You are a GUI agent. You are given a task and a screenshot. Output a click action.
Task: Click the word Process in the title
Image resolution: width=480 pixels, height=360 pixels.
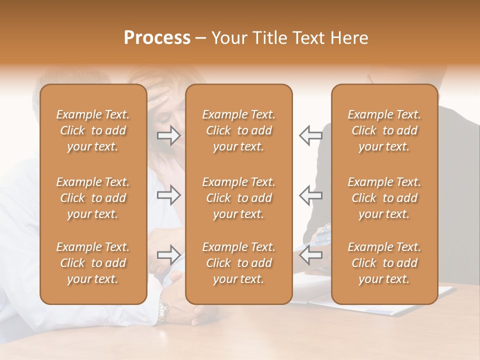[157, 38]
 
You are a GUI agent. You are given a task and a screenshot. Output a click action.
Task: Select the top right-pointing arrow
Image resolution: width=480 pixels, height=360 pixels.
[169, 135]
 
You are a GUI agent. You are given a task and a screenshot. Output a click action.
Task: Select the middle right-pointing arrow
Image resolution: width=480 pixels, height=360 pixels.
[169, 195]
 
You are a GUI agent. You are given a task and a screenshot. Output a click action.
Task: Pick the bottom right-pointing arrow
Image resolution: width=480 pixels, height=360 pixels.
[169, 255]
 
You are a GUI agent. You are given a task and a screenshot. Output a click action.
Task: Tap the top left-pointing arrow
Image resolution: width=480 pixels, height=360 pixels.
[310, 135]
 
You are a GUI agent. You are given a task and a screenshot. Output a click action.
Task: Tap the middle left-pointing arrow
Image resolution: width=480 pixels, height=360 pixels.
[310, 195]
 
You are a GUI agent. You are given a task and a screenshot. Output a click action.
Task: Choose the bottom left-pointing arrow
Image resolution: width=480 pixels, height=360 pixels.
[310, 255]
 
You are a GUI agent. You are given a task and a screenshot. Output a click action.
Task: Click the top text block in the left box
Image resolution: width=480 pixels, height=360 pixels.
[93, 130]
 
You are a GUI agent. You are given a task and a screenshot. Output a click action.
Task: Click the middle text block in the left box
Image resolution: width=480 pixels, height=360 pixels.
[93, 198]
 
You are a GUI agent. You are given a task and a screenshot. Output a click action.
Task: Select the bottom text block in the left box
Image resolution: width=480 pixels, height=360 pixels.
[93, 263]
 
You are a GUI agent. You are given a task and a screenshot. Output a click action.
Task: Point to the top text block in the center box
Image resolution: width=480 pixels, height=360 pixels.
[238, 130]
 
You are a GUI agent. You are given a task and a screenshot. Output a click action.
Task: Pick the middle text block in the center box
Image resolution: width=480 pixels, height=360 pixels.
[238, 198]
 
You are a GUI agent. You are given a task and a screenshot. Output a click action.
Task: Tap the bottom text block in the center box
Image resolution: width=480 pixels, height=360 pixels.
[238, 263]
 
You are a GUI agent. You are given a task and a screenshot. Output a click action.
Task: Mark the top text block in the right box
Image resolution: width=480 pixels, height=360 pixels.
[384, 130]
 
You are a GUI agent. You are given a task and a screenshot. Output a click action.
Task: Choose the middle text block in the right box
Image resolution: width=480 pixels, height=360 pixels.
[384, 198]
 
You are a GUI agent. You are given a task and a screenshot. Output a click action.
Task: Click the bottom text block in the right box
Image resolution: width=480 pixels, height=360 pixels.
[384, 263]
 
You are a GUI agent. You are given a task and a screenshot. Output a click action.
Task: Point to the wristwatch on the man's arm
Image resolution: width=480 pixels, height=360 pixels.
[163, 311]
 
